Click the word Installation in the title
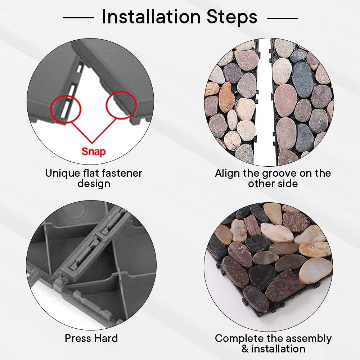click(x=151, y=17)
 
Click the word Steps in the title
click(x=232, y=17)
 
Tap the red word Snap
click(x=94, y=152)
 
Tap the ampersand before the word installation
click(x=245, y=349)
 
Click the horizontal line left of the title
click(x=78, y=17)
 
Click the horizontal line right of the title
click(x=283, y=18)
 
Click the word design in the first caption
click(x=94, y=184)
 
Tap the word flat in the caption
click(x=91, y=173)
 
